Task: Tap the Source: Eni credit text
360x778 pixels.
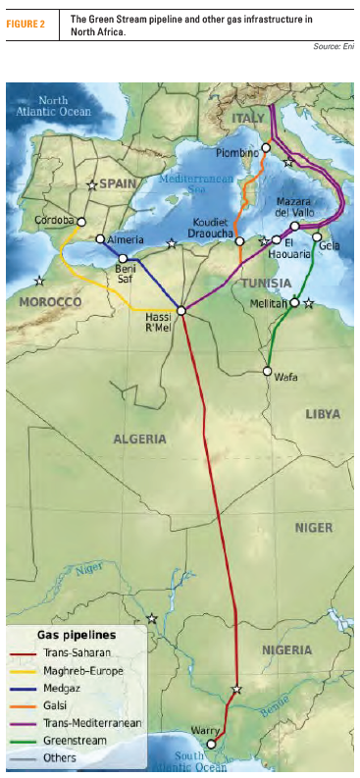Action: click(x=334, y=46)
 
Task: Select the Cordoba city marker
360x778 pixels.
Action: click(x=81, y=222)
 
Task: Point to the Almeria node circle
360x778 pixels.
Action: click(x=100, y=238)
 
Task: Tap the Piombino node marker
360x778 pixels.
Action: click(x=265, y=148)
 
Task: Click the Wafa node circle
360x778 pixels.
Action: click(x=267, y=372)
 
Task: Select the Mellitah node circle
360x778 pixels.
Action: click(x=294, y=303)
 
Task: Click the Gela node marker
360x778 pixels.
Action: click(x=317, y=236)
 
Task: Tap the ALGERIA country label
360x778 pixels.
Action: click(x=140, y=439)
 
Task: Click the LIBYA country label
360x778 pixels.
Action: click(x=323, y=414)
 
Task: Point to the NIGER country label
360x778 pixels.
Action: click(x=314, y=528)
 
